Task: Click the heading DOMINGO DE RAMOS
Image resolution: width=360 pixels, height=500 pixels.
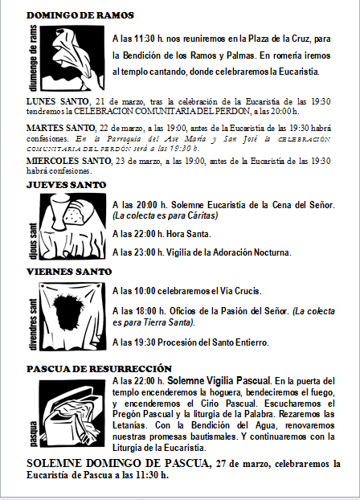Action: [80, 15]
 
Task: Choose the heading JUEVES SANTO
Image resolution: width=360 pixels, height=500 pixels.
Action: [66, 185]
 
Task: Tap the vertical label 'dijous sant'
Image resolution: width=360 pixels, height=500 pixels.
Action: [33, 240]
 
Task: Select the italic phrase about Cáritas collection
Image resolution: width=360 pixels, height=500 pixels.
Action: [165, 216]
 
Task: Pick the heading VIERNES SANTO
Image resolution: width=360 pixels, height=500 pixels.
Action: [69, 272]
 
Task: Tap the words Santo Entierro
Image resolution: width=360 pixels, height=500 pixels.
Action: [237, 342]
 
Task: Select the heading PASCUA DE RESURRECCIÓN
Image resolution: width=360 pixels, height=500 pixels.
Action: [99, 368]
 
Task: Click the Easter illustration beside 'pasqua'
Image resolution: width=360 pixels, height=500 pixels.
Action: [72, 411]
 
